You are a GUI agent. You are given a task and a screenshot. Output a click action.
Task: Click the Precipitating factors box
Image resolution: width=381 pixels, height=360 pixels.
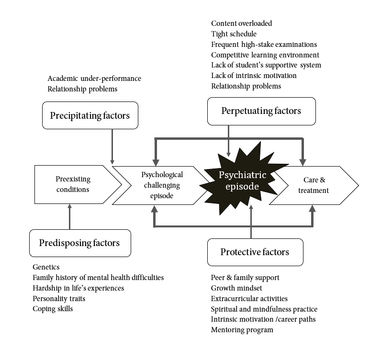click(90, 115)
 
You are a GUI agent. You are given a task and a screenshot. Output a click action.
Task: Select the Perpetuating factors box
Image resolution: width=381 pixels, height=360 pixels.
click(261, 112)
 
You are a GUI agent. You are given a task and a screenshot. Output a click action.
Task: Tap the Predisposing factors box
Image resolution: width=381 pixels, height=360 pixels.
click(80, 243)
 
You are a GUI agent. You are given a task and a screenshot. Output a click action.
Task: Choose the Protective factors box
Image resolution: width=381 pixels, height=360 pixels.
click(255, 252)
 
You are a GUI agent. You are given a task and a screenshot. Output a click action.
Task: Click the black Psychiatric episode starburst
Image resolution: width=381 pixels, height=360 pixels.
click(243, 180)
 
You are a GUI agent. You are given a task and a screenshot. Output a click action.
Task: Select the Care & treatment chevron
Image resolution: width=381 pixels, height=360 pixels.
click(314, 185)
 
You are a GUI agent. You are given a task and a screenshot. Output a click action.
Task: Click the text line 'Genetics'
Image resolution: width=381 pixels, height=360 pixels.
click(46, 267)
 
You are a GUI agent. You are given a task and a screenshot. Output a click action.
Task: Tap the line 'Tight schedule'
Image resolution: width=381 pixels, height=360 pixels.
click(234, 34)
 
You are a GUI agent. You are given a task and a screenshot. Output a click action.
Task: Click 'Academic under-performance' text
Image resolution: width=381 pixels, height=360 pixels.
click(94, 79)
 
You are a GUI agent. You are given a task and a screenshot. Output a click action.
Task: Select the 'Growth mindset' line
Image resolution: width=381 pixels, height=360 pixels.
click(236, 288)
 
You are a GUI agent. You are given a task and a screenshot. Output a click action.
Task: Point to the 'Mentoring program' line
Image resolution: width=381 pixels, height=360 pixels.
click(242, 330)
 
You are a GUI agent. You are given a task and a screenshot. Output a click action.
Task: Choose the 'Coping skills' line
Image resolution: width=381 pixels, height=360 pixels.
click(53, 309)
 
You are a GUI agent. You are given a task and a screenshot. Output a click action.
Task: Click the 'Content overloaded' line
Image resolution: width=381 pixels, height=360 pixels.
click(242, 23)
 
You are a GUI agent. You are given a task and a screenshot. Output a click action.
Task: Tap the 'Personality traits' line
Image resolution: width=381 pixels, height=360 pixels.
click(59, 299)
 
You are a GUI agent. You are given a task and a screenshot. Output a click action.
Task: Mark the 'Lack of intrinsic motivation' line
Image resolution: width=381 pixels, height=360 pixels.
click(254, 76)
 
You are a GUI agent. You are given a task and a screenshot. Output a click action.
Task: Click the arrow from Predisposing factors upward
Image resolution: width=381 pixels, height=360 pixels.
click(70, 216)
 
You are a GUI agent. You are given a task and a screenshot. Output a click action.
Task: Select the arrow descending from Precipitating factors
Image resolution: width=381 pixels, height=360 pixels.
click(112, 146)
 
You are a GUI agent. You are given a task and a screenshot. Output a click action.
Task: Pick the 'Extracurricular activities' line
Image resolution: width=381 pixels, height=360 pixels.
click(249, 299)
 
